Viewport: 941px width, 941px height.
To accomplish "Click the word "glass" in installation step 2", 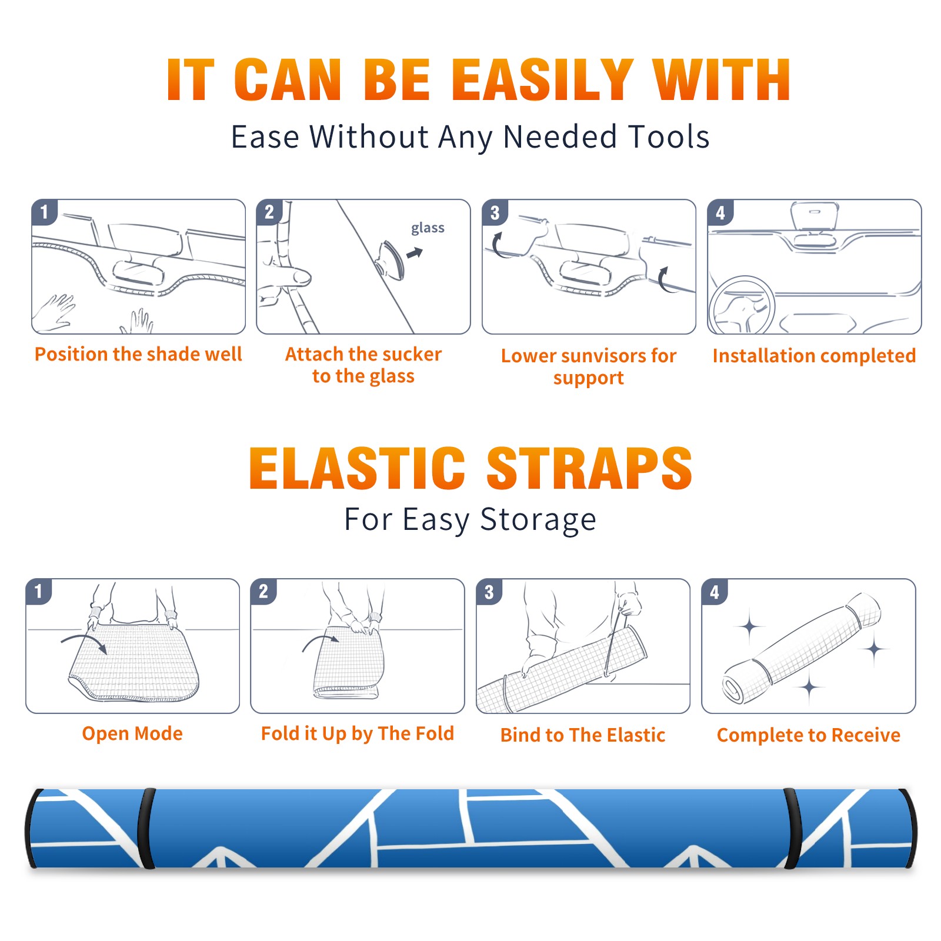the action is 428,228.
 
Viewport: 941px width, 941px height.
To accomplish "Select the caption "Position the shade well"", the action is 138,354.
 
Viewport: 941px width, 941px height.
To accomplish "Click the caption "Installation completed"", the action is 814,356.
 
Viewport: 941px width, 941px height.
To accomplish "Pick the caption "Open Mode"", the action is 132,733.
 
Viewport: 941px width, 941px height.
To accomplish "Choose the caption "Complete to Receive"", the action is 809,735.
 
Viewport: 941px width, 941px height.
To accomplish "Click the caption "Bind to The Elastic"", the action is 583,735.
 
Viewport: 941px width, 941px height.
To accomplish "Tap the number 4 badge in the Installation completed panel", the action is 720,212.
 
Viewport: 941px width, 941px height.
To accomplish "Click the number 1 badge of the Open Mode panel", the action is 39,592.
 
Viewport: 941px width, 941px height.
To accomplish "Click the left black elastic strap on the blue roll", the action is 146,829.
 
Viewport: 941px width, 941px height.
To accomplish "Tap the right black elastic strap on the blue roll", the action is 792,829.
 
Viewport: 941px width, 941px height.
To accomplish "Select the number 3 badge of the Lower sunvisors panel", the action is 495,212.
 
